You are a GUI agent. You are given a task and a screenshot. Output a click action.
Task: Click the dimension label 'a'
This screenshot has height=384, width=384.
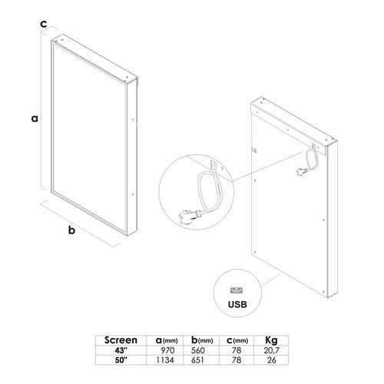tap(35, 118)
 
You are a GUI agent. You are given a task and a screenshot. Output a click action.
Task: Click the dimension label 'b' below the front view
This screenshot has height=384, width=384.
tap(71, 230)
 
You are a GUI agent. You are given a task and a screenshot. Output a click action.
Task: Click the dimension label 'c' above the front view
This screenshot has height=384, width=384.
tap(44, 24)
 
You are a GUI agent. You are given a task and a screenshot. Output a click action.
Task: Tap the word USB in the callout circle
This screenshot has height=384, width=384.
tap(237, 304)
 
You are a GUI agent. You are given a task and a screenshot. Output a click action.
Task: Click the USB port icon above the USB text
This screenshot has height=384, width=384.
tap(237, 290)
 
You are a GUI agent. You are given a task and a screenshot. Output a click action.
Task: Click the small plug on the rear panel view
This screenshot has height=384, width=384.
tap(301, 171)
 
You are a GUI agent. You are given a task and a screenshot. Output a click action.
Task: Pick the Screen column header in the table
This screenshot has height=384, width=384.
tap(121, 340)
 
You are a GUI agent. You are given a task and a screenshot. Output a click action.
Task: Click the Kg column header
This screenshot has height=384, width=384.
tap(271, 340)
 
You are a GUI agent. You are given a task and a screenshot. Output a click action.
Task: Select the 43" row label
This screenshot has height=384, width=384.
tap(121, 350)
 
